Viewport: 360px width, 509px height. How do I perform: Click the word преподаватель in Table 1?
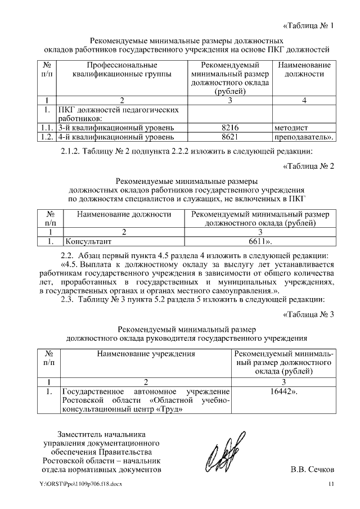pos(301,137)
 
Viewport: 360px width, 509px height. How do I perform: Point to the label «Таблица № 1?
pos(308,25)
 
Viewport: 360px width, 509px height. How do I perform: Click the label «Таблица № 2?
pos(308,166)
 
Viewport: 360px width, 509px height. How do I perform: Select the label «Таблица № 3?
pos(308,314)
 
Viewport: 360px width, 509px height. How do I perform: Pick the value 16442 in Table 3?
pos(283,391)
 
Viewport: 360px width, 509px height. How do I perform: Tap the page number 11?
pos(331,485)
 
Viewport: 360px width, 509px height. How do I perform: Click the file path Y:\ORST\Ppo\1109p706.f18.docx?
pos(80,485)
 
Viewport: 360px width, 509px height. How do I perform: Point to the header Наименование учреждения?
pos(146,354)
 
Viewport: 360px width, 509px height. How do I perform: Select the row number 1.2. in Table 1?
pos(47,137)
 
